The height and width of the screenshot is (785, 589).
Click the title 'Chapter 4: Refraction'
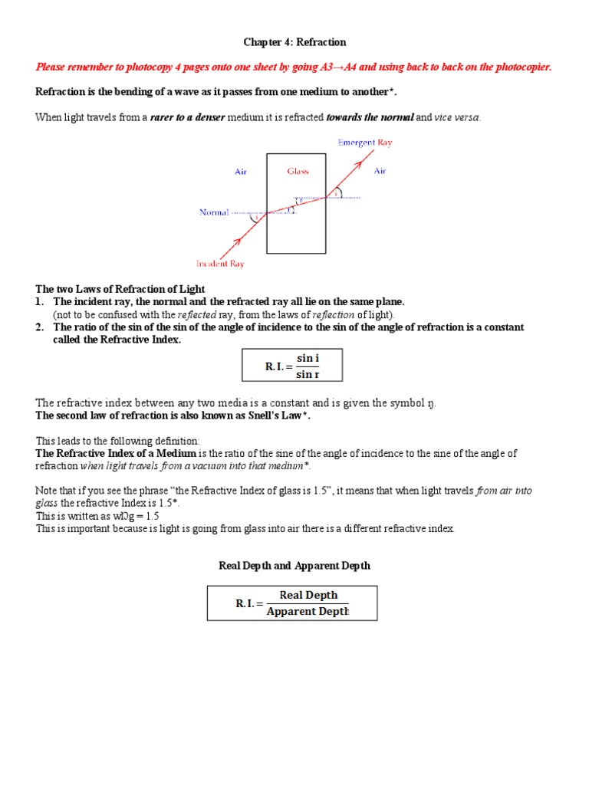294,42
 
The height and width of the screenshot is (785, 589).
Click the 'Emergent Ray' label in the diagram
365,143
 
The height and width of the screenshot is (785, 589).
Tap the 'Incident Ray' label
220,264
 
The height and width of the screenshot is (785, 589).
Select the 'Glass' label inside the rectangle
298,171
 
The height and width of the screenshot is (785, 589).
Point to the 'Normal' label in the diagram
214,212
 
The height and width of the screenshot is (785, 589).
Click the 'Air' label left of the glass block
241,172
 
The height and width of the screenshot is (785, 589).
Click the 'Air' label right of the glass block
380,171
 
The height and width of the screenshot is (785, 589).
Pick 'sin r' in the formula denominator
308,374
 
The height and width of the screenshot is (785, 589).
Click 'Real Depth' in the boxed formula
308,595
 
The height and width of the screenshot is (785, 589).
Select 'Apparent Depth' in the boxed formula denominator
307,611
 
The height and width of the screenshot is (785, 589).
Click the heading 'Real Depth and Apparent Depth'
294,566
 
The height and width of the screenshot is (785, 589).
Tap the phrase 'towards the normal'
370,117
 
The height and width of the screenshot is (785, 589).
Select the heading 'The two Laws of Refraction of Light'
120,289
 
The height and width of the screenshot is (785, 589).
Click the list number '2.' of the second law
40,327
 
